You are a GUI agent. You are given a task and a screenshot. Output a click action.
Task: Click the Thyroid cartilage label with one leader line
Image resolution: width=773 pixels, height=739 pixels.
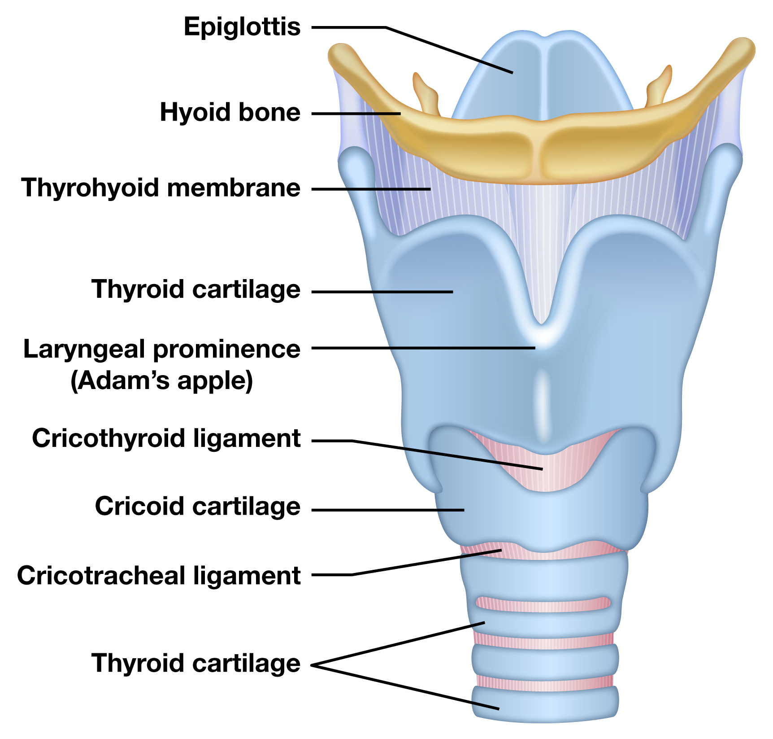(196, 289)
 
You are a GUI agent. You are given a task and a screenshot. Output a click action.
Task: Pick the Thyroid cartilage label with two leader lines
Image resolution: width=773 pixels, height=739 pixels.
(196, 664)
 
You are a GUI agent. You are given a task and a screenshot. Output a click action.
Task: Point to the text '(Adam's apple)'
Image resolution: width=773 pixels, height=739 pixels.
(162, 381)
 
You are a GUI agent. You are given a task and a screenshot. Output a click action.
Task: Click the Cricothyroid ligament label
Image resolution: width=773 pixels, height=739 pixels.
(166, 438)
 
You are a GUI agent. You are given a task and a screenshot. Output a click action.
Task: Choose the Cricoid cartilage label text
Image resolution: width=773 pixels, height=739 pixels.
(198, 507)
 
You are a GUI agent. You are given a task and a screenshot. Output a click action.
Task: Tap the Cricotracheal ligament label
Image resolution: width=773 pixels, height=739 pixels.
(159, 576)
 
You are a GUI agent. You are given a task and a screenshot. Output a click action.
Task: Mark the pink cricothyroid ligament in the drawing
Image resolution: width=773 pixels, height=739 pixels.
(543, 467)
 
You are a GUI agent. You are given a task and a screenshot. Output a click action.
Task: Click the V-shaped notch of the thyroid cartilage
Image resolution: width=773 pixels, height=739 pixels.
(542, 314)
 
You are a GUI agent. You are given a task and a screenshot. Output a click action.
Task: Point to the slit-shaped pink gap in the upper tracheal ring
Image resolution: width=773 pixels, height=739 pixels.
(543, 604)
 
